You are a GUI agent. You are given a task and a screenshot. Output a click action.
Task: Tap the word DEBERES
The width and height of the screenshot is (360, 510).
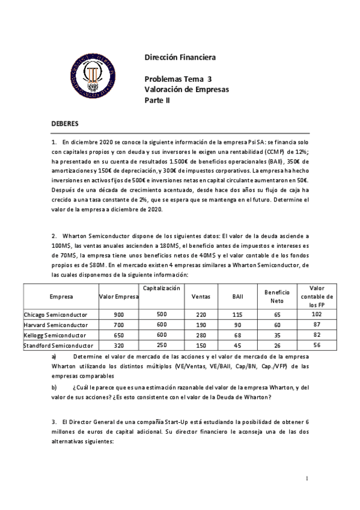(64, 123)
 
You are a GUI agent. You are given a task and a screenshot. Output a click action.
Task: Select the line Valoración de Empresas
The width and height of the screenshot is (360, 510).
(187, 89)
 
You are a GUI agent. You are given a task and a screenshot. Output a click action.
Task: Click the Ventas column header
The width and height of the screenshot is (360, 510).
(200, 296)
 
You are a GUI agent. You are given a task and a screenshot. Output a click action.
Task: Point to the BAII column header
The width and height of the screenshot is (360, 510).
(237, 296)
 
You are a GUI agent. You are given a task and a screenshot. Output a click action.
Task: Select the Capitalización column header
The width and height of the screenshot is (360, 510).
(162, 289)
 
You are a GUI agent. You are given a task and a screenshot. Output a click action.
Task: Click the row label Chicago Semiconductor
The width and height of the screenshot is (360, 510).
(56, 315)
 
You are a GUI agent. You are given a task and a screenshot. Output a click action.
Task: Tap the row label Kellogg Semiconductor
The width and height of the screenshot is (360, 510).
(55, 335)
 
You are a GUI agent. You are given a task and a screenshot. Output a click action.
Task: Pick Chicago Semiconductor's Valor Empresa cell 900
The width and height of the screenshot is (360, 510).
(118, 315)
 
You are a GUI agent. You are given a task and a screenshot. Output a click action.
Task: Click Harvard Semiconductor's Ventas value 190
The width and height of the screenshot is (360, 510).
(200, 325)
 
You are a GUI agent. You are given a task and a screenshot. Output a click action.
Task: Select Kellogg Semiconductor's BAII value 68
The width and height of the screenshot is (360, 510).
(237, 335)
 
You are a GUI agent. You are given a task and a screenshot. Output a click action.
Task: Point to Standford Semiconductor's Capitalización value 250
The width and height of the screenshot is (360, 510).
(162, 345)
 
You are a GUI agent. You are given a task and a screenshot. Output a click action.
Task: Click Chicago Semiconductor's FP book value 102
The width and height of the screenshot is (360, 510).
(317, 315)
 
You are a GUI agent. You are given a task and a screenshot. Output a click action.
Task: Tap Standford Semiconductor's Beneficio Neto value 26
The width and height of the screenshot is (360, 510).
(277, 345)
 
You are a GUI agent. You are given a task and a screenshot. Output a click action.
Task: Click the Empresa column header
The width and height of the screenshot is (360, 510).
(61, 296)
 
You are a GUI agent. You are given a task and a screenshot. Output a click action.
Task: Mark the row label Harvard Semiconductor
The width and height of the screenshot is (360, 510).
(55, 325)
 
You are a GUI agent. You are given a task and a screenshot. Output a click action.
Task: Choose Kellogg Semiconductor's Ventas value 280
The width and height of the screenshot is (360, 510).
(200, 335)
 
